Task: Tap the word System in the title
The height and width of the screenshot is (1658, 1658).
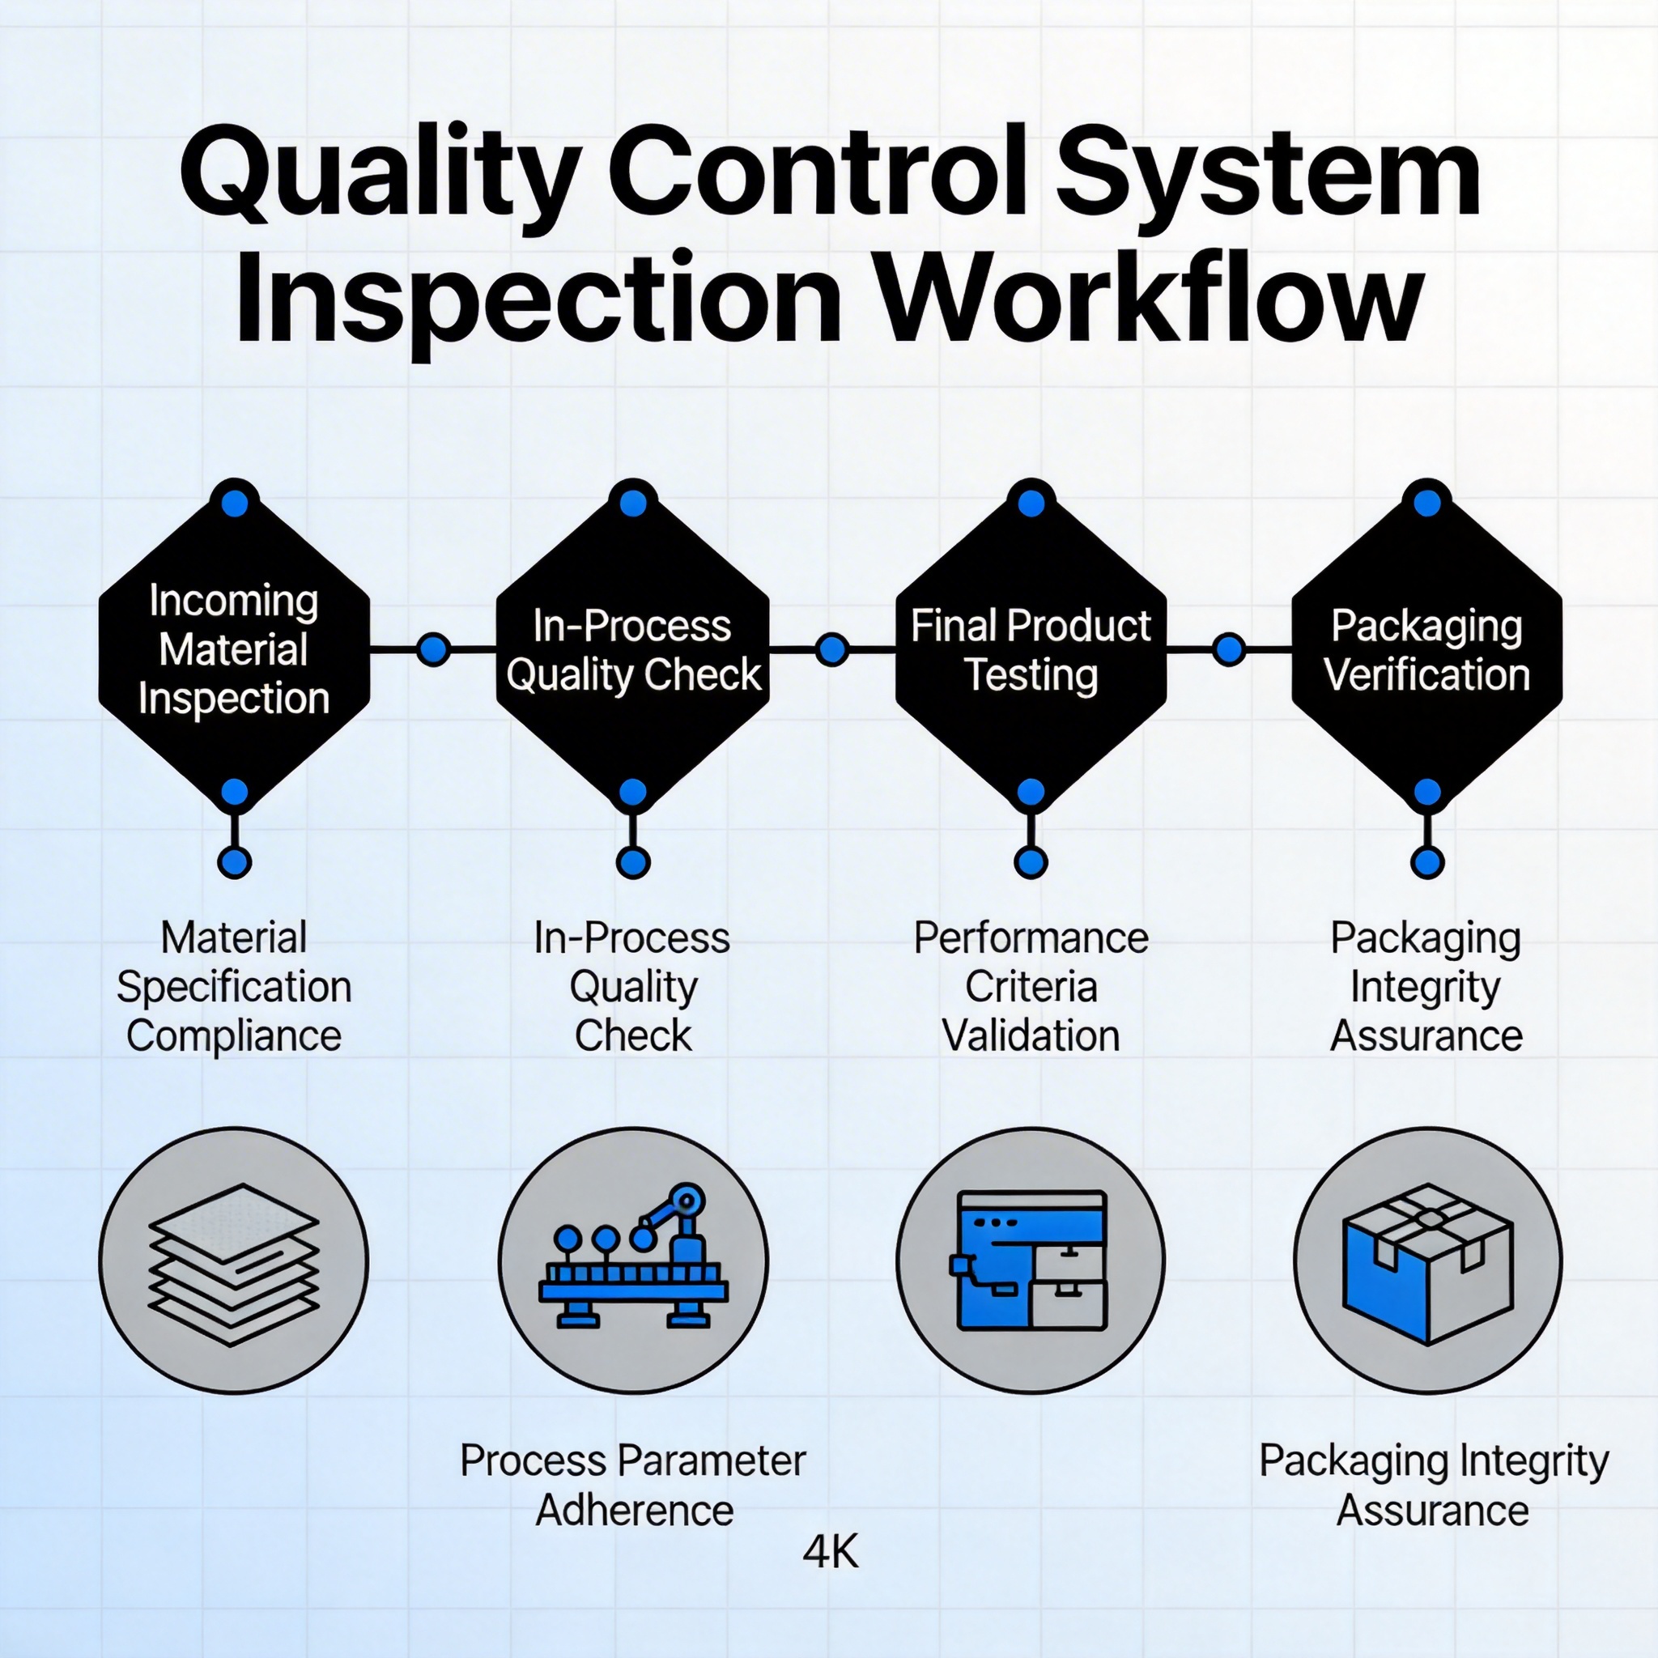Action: [x=1268, y=174]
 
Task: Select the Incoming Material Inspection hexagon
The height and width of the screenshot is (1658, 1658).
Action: [x=233, y=648]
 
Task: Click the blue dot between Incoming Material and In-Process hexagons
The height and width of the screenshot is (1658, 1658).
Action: [x=433, y=649]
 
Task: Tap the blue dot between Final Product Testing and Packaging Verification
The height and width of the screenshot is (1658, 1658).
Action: [x=1229, y=649]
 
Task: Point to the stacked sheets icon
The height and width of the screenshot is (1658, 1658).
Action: [x=233, y=1261]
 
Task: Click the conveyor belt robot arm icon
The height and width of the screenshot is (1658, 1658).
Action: [x=632, y=1261]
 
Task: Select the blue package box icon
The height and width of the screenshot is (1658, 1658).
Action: [x=1427, y=1261]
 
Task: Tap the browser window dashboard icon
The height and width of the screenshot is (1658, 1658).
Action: [x=1031, y=1261]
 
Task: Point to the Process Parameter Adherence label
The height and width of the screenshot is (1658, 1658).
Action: [x=632, y=1486]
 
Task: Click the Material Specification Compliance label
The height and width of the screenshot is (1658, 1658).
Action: [x=233, y=987]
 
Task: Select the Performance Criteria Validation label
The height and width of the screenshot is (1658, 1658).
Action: [x=1031, y=987]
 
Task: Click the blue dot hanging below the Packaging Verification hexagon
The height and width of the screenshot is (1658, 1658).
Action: [x=1426, y=861]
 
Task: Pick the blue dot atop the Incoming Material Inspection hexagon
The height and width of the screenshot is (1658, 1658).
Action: [x=234, y=503]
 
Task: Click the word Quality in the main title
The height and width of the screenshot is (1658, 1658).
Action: [x=377, y=174]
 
